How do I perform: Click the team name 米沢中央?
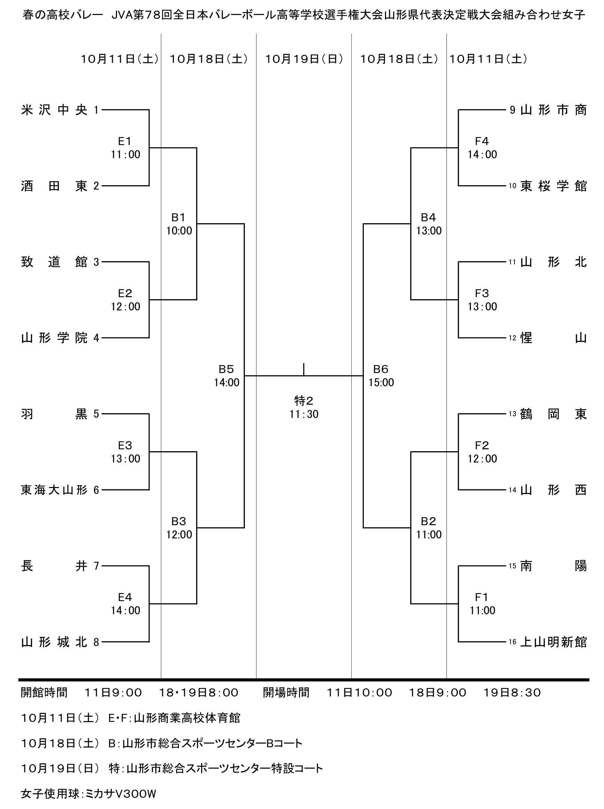coord(54,110)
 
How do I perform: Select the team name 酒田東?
coord(54,186)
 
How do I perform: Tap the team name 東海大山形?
coord(54,490)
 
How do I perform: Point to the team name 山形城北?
coord(54,642)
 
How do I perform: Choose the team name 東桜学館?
coord(553,186)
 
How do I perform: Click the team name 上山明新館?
coord(553,642)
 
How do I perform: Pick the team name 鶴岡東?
coord(553,414)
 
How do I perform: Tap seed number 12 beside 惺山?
coord(512,338)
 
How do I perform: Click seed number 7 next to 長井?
coord(96,566)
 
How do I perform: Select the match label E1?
coord(125,141)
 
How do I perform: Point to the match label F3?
coord(482,293)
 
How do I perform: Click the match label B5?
coord(226,369)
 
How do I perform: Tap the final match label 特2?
coord(304,401)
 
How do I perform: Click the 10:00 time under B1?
coord(179,231)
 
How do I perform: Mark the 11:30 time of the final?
coord(304,414)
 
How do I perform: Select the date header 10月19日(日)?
coord(304,59)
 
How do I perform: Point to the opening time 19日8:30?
coord(512,692)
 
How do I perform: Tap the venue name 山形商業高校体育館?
coord(187,718)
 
